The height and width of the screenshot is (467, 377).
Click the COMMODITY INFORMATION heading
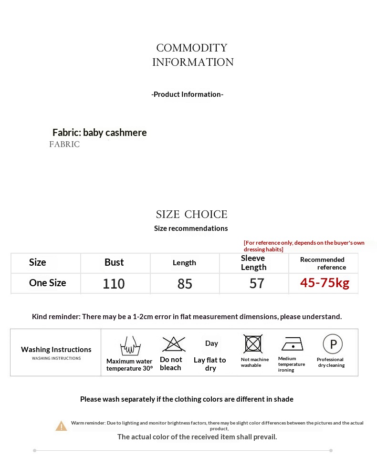pyautogui.click(x=192, y=55)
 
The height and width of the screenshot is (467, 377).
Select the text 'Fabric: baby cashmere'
pyautogui.click(x=99, y=133)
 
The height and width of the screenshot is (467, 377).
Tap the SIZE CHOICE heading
pyautogui.click(x=191, y=214)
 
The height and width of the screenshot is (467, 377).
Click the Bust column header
pyautogui.click(x=114, y=262)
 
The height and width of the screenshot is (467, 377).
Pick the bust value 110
pyautogui.click(x=114, y=284)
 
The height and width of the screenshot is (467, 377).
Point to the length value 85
pyautogui.click(x=185, y=284)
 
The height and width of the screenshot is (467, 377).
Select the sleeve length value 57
pyautogui.click(x=257, y=283)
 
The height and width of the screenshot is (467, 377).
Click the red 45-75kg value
pyautogui.click(x=325, y=283)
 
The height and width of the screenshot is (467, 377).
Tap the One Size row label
pyautogui.click(x=47, y=283)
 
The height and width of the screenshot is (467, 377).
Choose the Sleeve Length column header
pyautogui.click(x=253, y=263)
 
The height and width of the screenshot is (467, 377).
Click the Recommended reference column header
pyautogui.click(x=323, y=263)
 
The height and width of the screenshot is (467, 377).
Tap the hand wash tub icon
pyautogui.click(x=129, y=345)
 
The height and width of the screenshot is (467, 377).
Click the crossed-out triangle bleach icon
pyautogui.click(x=173, y=344)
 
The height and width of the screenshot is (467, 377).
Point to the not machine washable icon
pyautogui.click(x=253, y=344)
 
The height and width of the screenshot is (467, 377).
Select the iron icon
pyautogui.click(x=292, y=344)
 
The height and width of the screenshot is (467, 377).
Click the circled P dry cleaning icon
pyautogui.click(x=333, y=344)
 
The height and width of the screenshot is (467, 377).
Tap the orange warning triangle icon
pyautogui.click(x=61, y=426)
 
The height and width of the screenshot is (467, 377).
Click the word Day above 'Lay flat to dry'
pyautogui.click(x=211, y=343)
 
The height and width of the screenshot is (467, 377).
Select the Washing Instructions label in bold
pyautogui.click(x=56, y=350)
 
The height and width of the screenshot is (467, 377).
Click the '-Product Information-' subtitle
pyautogui.click(x=187, y=94)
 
